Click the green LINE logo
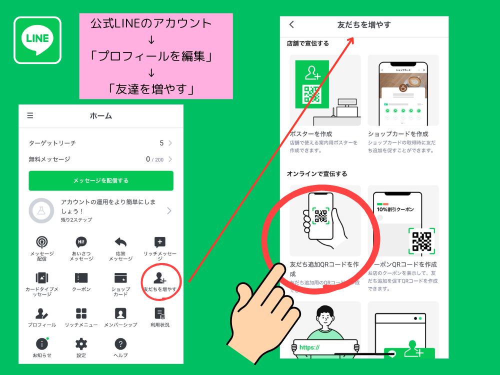tap(37, 40)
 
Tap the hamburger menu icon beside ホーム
tap(30, 115)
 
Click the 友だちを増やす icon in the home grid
tap(160, 278)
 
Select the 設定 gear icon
tap(81, 343)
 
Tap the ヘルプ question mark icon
tap(120, 343)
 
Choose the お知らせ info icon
tap(42, 343)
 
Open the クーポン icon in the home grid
tap(81, 278)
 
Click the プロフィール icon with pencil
tap(42, 313)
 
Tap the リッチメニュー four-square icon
tap(81, 313)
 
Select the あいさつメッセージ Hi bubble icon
tap(81, 242)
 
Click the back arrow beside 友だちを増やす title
tap(292, 24)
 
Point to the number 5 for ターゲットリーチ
tap(161, 143)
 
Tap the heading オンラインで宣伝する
tap(317, 173)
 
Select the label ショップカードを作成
tap(398, 134)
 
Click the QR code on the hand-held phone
tap(320, 216)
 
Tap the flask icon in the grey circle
tap(41, 211)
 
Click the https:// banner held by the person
tap(310, 347)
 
